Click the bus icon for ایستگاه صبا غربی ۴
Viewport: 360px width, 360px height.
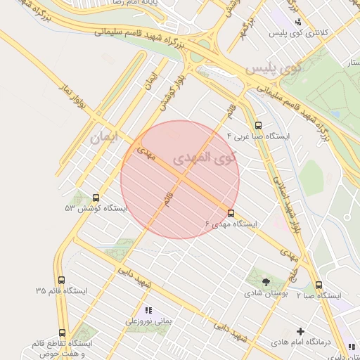point(258,125)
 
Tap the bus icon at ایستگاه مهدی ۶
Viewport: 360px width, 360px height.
point(231,212)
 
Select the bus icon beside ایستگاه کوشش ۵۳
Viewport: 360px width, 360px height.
point(96,198)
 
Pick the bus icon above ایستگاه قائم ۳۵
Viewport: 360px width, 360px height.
point(62,280)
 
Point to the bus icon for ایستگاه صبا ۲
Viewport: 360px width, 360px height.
point(319,285)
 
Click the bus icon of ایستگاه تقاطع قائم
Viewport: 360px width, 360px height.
point(63,333)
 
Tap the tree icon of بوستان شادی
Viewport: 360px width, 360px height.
point(266,281)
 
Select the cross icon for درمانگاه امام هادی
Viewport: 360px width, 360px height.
point(301,330)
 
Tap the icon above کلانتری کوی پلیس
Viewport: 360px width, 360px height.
point(298,22)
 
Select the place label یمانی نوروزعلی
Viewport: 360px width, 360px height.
point(148,321)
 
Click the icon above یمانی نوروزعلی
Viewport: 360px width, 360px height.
point(148,310)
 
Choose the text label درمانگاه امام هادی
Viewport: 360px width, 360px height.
point(302,342)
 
